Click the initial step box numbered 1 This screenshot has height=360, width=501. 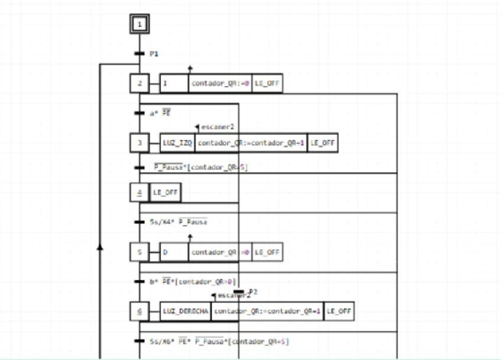(139, 24)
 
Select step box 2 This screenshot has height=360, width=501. (139, 83)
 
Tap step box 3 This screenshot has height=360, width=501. (139, 142)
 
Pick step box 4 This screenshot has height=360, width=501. (139, 192)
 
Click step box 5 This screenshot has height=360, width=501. (139, 252)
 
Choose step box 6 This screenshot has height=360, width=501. (139, 312)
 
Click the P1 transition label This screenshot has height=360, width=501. (154, 54)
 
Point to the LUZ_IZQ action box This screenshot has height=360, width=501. (177, 142)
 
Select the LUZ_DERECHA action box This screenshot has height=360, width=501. (186, 312)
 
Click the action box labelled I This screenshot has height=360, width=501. (174, 83)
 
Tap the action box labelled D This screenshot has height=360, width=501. (174, 252)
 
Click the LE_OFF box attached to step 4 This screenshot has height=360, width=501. (165, 192)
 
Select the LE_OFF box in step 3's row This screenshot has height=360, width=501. (323, 142)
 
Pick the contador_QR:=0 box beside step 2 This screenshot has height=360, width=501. (220, 83)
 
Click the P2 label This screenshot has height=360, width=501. (253, 292)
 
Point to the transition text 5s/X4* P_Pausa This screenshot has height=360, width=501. (178, 222)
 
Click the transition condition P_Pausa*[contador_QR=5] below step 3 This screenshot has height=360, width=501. (200, 168)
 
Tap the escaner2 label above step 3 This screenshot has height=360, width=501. (218, 127)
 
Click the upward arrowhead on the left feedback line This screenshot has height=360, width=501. (100, 247)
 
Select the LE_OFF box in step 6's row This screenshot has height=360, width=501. (339, 312)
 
